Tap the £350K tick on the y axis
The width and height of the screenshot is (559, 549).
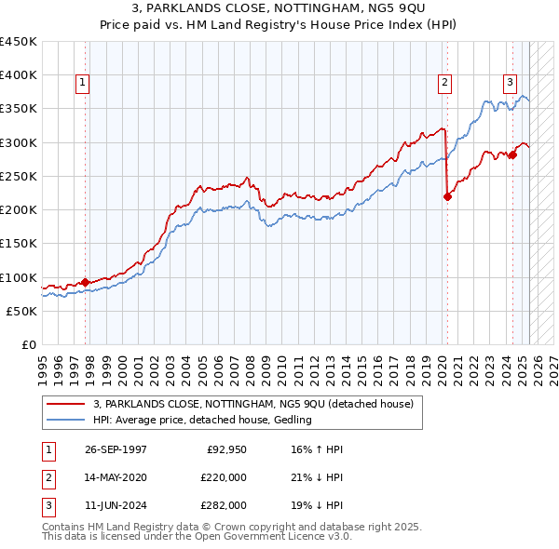point(19,109)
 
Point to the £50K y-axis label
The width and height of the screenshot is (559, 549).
point(21,311)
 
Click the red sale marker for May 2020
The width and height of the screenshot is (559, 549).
point(447,196)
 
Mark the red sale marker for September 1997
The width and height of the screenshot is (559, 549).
point(86,282)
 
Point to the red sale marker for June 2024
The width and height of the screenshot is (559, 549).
point(512,154)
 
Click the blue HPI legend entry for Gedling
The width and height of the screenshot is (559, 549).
point(201,420)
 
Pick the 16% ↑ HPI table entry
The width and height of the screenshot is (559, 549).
point(305,449)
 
